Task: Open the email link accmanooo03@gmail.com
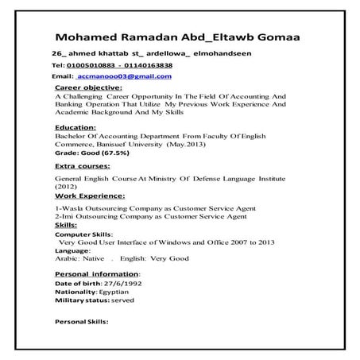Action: (x=124, y=76)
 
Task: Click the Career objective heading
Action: (x=88, y=87)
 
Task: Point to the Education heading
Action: (x=75, y=127)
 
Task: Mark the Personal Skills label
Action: (x=80, y=322)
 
